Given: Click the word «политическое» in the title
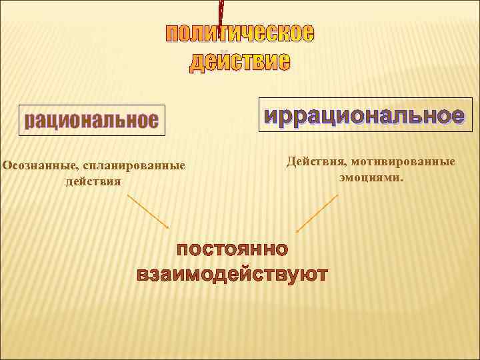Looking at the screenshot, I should pyautogui.click(x=240, y=33).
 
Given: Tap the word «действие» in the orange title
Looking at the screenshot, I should pyautogui.click(x=240, y=62).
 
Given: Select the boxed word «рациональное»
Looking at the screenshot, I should pyautogui.click(x=91, y=121).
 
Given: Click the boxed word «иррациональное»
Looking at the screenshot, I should pyautogui.click(x=364, y=115).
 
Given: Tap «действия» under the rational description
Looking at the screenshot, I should pyautogui.click(x=93, y=181).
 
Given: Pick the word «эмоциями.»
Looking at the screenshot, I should pyautogui.click(x=371, y=178).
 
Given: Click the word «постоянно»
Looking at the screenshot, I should pyautogui.click(x=232, y=250).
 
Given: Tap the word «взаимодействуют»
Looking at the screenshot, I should pyautogui.click(x=232, y=274).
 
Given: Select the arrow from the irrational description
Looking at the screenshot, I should pyautogui.click(x=317, y=213).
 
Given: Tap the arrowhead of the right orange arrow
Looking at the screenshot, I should pyautogui.click(x=297, y=231).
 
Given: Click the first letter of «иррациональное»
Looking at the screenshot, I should pyautogui.click(x=271, y=116).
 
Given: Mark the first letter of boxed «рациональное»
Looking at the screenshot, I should pyautogui.click(x=30, y=122).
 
